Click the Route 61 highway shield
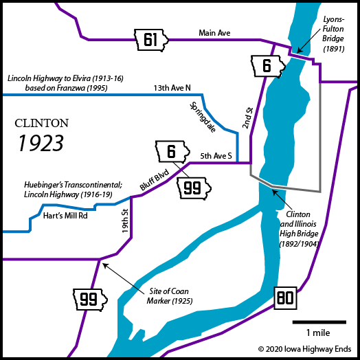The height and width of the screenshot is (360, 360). [x=151, y=40]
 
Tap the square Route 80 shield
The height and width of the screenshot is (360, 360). [x=285, y=298]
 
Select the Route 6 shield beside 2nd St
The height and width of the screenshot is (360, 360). [x=268, y=66]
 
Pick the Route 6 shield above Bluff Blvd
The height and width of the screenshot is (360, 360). [x=172, y=152]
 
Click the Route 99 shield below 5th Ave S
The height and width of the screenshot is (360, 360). [x=194, y=188]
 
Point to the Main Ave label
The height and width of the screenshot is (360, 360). [x=214, y=33]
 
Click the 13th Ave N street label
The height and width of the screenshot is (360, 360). [x=172, y=88]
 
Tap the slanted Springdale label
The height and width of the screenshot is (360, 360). [x=203, y=117]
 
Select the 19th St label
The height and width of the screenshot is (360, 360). [x=125, y=221]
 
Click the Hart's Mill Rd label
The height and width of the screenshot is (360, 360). [x=65, y=216]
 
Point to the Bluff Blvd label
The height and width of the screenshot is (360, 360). [x=155, y=180]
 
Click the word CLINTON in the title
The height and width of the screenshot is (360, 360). [x=41, y=123]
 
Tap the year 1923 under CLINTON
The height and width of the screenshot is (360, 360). [x=41, y=143]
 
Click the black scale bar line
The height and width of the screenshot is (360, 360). [x=319, y=322]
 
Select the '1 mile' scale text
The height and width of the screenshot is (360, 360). [x=318, y=333]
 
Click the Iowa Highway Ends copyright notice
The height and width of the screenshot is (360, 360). [x=304, y=349]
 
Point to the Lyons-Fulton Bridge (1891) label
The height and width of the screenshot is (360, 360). [x=333, y=34]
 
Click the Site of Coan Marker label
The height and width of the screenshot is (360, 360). [x=170, y=296]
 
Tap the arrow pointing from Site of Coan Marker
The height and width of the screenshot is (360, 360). [x=123, y=279]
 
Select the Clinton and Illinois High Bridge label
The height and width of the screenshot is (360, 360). [x=299, y=229]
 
